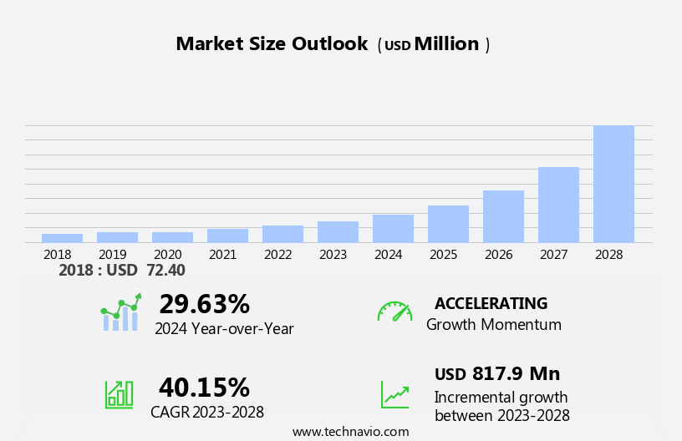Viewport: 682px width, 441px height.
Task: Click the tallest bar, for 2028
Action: pos(613,184)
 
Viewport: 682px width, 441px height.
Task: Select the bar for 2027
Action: pos(558,205)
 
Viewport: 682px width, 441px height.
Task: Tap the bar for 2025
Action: pos(448,224)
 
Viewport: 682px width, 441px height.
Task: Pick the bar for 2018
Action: pos(62,238)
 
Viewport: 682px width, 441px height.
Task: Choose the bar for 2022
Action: pos(282,234)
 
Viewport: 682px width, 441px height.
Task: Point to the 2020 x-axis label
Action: pos(167,255)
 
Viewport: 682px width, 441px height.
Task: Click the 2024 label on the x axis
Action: pos(388,255)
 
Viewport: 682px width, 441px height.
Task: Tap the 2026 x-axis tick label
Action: pos(498,255)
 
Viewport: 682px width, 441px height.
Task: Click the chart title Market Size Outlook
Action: pos(272,44)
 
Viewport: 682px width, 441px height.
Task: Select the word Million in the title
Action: pos(446,44)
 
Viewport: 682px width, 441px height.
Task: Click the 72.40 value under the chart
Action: pos(165,271)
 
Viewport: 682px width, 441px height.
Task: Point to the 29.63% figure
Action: pos(204,304)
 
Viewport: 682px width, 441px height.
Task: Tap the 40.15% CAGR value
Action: pos(204,388)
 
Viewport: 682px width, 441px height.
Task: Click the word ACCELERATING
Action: pos(491,304)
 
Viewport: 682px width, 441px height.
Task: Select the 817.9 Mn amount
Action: pos(516,374)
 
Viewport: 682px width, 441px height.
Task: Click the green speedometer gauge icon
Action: pos(394,312)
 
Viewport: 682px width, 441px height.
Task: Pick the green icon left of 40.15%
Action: pos(119,393)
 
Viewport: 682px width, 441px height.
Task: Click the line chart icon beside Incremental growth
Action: pos(394,394)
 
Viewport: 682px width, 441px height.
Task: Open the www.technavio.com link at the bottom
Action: pos(350,432)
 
